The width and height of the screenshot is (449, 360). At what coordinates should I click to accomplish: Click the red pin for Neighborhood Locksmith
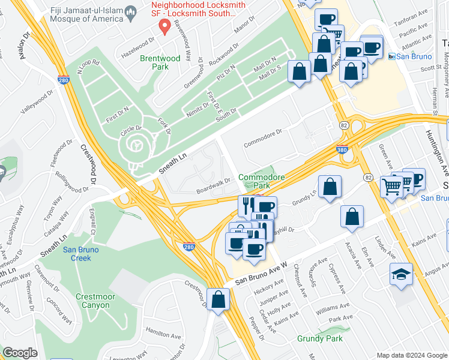(x=163, y=26)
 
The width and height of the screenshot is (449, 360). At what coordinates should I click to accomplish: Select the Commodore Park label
(x=259, y=182)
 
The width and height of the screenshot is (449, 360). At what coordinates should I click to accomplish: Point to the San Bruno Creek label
(x=77, y=254)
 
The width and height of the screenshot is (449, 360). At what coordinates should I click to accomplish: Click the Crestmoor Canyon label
(x=93, y=301)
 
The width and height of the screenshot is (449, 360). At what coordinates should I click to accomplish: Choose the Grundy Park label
(x=319, y=338)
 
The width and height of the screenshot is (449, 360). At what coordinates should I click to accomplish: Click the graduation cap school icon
(x=401, y=275)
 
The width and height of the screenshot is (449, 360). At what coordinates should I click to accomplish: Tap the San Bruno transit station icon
(x=392, y=56)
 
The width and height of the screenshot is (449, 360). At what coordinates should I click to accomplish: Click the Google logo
(x=20, y=353)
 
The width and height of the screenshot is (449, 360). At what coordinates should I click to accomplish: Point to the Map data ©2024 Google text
(x=411, y=355)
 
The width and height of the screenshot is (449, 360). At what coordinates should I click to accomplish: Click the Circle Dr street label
(x=130, y=128)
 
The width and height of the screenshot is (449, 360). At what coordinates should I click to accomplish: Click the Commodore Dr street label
(x=263, y=140)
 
